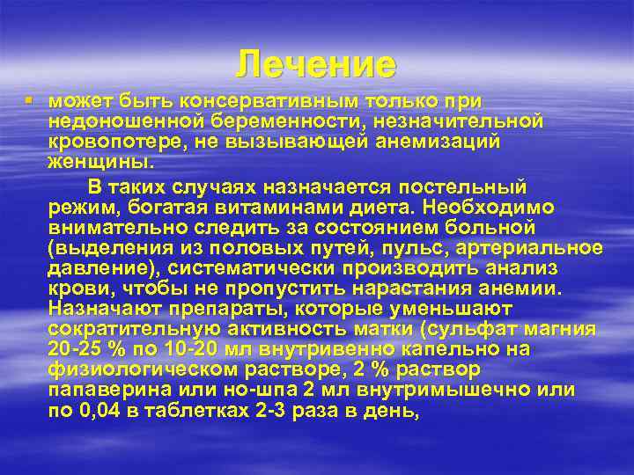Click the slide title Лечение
(316, 64)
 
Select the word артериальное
(537, 247)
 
